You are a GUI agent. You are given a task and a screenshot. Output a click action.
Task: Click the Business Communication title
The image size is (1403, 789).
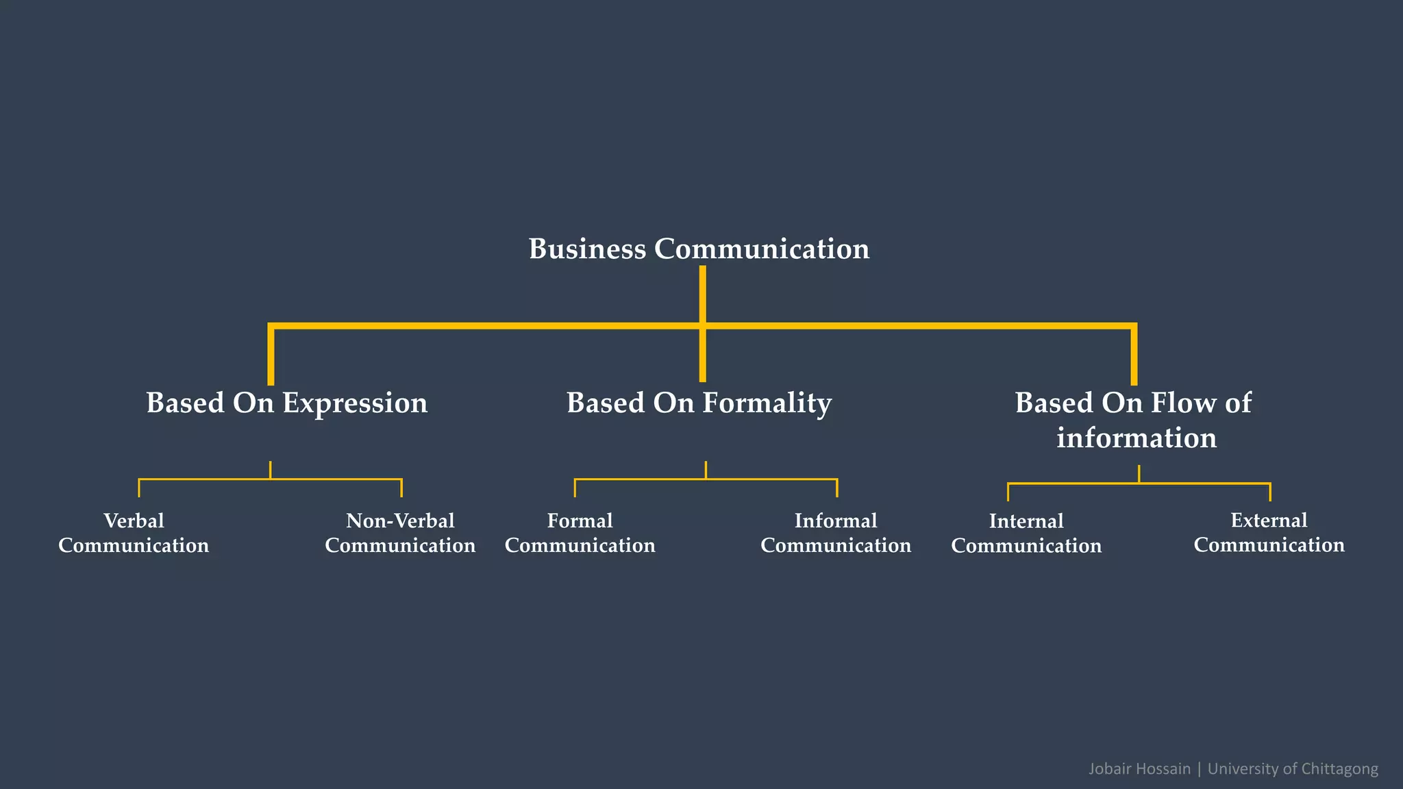coord(699,249)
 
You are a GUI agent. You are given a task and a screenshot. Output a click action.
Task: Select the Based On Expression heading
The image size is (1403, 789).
coord(286,403)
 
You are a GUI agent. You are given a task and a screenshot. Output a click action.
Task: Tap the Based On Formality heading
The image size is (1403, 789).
coord(699,403)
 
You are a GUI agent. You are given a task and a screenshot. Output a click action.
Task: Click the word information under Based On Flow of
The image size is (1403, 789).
coord(1137,438)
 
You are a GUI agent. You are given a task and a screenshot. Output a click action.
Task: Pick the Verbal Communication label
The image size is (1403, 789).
coord(134,533)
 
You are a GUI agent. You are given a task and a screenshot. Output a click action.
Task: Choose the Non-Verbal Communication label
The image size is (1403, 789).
coord(400,533)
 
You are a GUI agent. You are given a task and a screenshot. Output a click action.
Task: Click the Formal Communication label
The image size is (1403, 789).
coord(580,533)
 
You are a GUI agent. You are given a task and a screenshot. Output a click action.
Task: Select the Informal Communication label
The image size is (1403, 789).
coord(836,533)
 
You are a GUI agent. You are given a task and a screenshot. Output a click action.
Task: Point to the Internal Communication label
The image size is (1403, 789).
coord(1026,534)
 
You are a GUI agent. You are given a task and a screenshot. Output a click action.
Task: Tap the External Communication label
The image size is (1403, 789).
coord(1269,532)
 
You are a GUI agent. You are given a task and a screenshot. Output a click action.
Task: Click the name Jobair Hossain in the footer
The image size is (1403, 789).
coord(1139,768)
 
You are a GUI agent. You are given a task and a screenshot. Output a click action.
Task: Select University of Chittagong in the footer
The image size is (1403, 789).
coord(1293,768)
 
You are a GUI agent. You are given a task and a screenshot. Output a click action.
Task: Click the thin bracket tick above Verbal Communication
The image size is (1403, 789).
coord(139,488)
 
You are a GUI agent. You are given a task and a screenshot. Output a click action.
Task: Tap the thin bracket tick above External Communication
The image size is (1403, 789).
coord(1269,492)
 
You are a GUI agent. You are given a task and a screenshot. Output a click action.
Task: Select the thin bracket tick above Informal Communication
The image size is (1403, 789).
coord(836,488)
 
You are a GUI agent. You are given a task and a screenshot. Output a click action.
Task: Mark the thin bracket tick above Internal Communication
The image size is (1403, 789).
coord(1008,492)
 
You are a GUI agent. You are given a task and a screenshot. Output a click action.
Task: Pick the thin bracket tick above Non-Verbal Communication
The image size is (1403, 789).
coord(401,488)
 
